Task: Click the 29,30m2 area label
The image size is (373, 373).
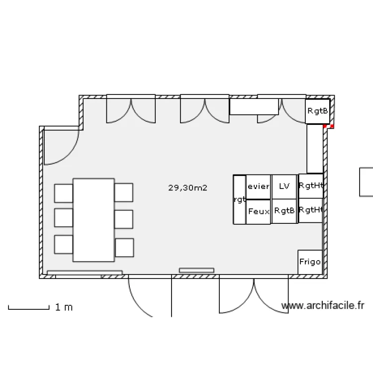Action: [187, 187]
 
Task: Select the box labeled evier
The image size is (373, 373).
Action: [258, 186]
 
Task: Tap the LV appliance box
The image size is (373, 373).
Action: [284, 186]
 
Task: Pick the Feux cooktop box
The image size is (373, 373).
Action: [258, 211]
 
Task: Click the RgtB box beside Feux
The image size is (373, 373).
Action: [284, 211]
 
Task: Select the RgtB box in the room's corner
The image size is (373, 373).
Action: [317, 111]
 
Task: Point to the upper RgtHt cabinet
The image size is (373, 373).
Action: [311, 186]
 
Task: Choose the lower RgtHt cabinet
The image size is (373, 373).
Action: [311, 210]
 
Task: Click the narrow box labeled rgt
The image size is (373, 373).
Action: [239, 199]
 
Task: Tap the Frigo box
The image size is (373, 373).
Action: [309, 262]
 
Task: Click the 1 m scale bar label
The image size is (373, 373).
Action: [64, 307]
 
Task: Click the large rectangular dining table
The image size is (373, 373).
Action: [93, 220]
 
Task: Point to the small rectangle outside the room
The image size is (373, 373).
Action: [367, 182]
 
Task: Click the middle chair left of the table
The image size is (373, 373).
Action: [63, 217]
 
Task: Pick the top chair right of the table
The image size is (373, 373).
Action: [124, 192]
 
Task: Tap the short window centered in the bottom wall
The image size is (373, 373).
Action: [196, 271]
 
